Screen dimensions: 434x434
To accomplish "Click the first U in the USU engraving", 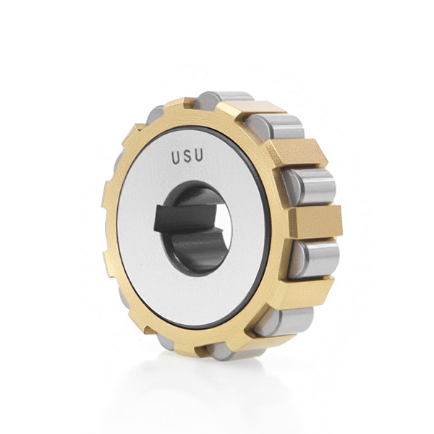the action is point(176,158).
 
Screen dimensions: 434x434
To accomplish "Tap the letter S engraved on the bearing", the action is point(187,156).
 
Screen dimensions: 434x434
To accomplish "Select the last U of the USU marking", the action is point(198,155).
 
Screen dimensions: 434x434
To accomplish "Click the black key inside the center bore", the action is point(185,218).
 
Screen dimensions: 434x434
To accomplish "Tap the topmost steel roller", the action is point(224,101).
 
